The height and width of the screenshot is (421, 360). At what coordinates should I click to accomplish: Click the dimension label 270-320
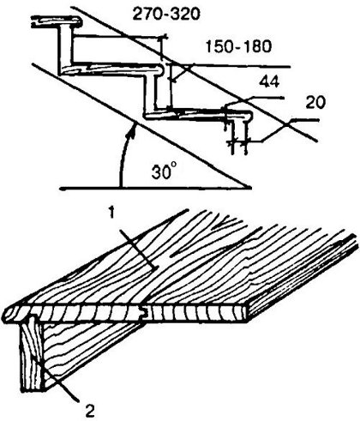166,15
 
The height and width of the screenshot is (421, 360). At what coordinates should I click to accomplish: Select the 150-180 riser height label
238,46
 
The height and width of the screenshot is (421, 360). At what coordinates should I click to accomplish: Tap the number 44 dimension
269,82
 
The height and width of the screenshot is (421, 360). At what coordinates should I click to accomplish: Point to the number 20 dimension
315,102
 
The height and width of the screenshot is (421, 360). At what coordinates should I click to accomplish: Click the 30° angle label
163,171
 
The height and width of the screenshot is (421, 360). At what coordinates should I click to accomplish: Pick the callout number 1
112,214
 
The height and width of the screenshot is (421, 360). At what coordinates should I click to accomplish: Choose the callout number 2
90,411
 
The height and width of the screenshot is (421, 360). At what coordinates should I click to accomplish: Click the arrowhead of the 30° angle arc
132,129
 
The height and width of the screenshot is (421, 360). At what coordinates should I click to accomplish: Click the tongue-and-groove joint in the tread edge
144,313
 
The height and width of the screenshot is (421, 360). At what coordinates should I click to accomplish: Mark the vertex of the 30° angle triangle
249,188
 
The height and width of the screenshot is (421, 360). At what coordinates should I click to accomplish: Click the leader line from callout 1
138,250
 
